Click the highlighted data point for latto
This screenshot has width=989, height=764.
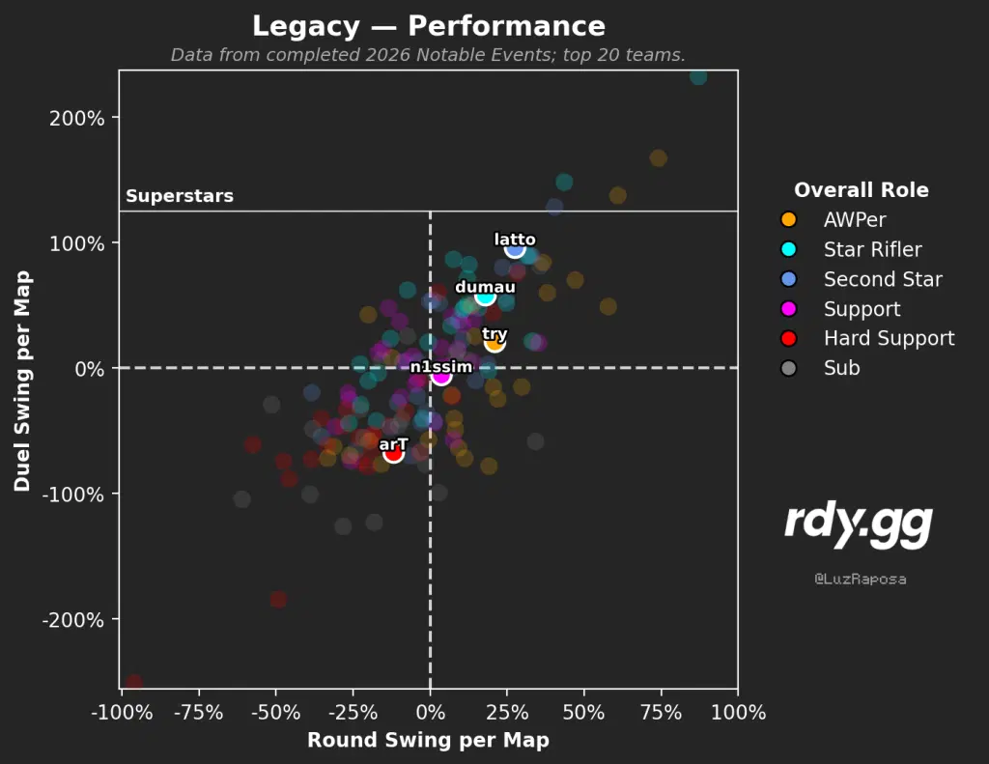pyautogui.click(x=515, y=248)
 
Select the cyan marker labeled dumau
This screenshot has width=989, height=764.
pyautogui.click(x=485, y=296)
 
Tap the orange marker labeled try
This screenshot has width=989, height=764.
pyautogui.click(x=494, y=343)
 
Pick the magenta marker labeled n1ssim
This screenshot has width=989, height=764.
pyautogui.click(x=440, y=376)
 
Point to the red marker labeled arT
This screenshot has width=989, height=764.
pyautogui.click(x=393, y=453)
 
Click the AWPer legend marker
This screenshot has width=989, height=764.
pyautogui.click(x=788, y=219)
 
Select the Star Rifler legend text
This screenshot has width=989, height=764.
pyautogui.click(x=873, y=250)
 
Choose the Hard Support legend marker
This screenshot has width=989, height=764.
pyautogui.click(x=788, y=338)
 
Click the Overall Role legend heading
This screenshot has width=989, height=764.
pyautogui.click(x=861, y=190)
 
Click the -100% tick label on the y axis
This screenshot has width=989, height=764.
pyautogui.click(x=73, y=495)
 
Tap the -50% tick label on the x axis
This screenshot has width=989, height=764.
pyautogui.click(x=275, y=712)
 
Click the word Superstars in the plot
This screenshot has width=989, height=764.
pyautogui.click(x=180, y=196)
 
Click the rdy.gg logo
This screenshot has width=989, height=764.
pyautogui.click(x=859, y=525)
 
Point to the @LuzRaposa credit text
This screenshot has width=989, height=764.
pyautogui.click(x=861, y=579)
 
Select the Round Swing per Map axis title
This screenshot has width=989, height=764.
pyautogui.click(x=428, y=740)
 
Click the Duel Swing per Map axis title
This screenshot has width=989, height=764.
pyautogui.click(x=23, y=382)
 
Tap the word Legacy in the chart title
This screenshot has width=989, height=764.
pyautogui.click(x=306, y=26)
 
